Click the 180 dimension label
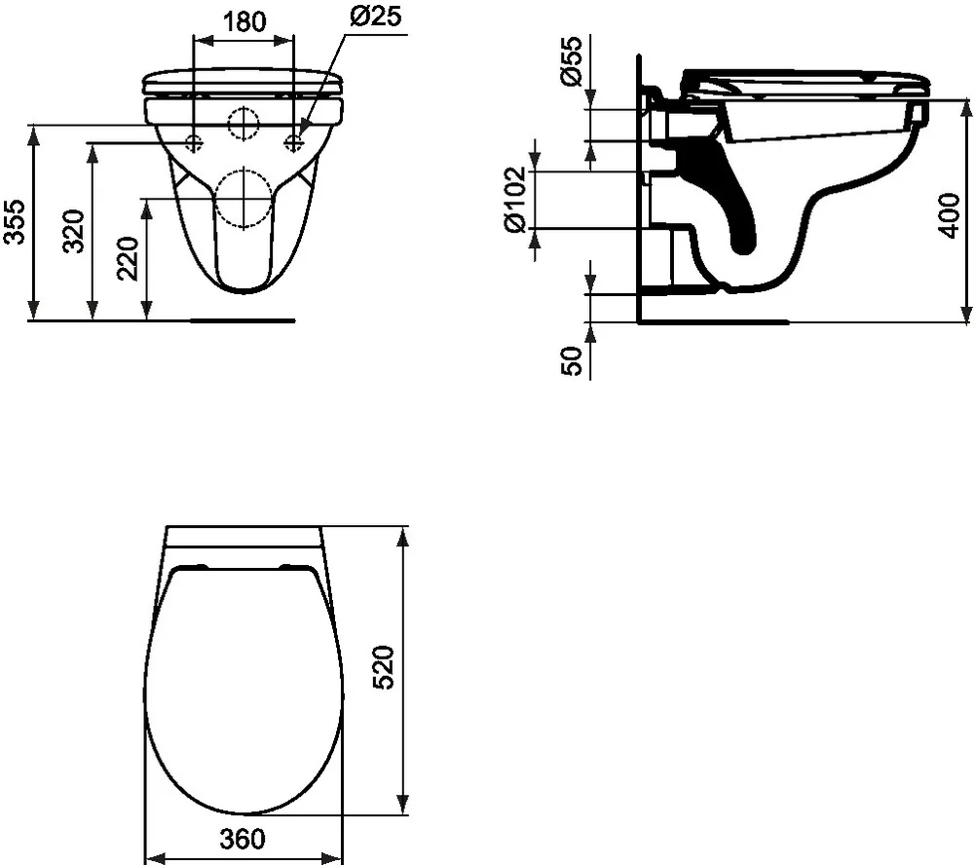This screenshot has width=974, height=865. coord(244,21)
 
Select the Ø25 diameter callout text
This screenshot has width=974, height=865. coord(374,17)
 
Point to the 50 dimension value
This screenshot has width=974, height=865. coord(574,360)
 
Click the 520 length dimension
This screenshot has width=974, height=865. coord(386,667)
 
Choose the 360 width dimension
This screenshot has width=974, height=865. coord(243,838)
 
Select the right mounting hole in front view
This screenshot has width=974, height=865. coord(293,143)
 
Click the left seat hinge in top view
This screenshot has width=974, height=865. coord(192,566)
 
